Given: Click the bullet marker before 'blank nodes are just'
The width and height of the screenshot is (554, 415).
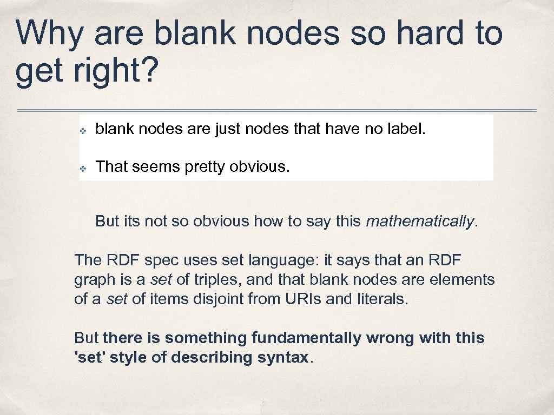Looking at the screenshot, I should [84, 130].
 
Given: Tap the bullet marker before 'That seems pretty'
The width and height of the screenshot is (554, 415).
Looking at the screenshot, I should [84, 168].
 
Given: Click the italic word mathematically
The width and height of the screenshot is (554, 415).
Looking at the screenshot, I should [420, 221].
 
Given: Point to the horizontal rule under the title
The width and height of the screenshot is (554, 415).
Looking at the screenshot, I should [277, 111].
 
